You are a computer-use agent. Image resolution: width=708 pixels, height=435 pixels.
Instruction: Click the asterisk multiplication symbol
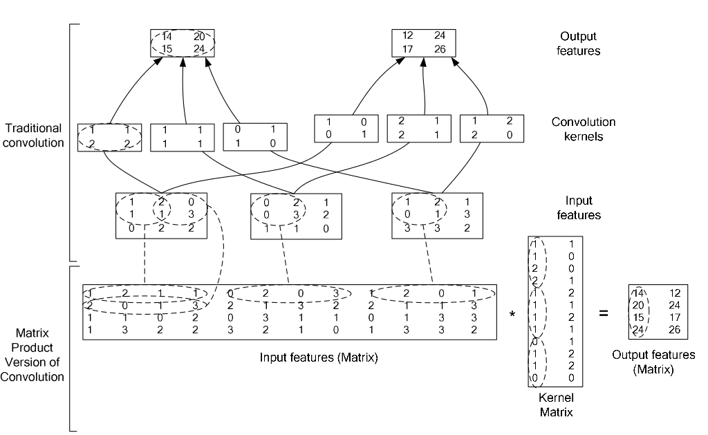point(512,315)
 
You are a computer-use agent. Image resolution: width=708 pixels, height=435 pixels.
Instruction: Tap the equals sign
point(603,313)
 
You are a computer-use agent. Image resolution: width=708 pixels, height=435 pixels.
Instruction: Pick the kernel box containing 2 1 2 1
point(416,128)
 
